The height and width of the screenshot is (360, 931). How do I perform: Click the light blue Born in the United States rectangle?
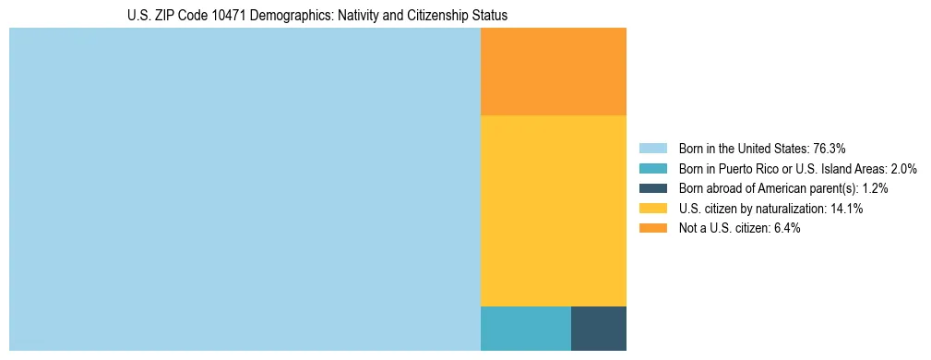coord(245,189)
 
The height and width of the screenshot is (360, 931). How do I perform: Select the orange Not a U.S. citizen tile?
coord(554,71)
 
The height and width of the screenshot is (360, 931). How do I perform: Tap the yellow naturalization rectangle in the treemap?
coord(554,210)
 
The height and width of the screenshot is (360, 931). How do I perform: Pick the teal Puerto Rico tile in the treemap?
coord(526,329)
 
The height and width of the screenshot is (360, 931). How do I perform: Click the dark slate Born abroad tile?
coord(599,329)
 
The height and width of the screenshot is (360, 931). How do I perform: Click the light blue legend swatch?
coord(653,148)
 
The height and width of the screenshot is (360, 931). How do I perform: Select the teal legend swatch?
coord(653,168)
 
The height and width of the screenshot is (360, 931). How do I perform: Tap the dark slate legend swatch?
coord(653,188)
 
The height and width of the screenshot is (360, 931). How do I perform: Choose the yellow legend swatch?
coord(653,209)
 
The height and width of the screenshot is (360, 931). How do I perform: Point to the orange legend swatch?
coord(653,228)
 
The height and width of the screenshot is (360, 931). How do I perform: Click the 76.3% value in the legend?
coord(829,148)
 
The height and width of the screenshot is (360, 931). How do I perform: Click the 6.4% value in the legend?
coord(783,228)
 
